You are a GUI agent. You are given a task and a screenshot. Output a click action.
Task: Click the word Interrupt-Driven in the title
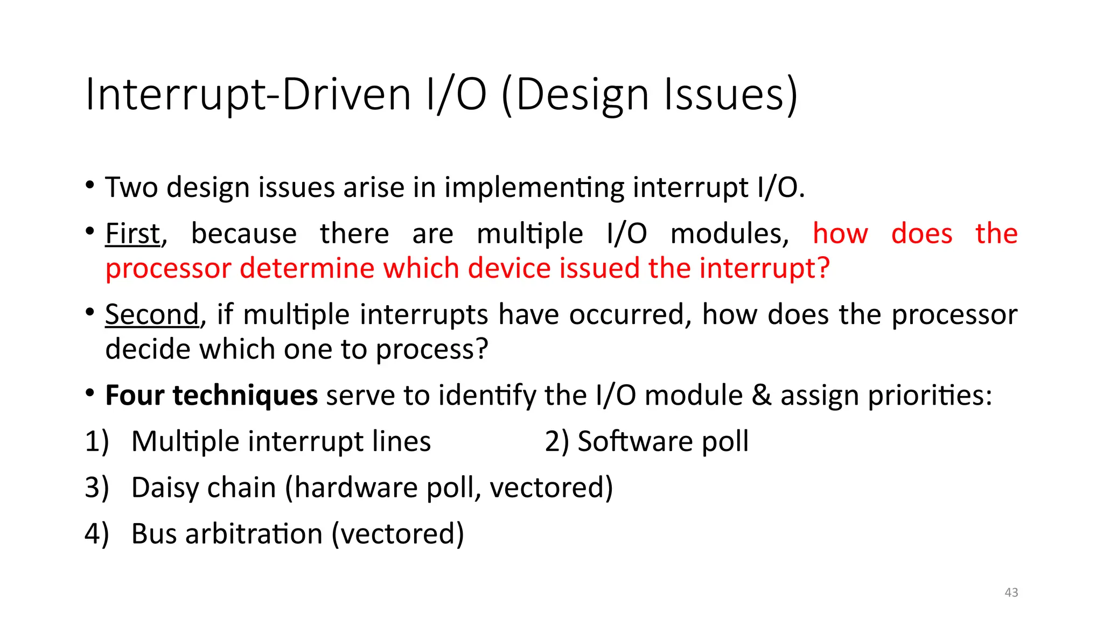(x=248, y=95)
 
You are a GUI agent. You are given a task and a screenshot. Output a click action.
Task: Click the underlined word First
(x=132, y=234)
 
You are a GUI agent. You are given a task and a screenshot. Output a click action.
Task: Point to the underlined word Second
(x=152, y=315)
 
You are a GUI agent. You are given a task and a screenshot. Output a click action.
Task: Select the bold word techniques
(x=245, y=396)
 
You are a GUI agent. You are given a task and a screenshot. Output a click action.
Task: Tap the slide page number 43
(x=1011, y=593)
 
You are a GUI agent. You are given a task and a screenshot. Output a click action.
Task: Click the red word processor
(x=168, y=269)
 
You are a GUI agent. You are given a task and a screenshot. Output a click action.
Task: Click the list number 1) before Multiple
(x=97, y=442)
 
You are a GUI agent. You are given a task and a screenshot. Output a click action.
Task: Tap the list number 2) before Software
(x=556, y=442)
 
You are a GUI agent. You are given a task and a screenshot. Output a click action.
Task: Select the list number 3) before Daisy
(x=97, y=488)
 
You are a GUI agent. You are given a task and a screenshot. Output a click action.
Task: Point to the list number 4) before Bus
(x=97, y=534)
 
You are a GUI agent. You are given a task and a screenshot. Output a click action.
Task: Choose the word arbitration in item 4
(x=254, y=534)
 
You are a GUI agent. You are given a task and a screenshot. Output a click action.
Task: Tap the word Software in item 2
(x=635, y=442)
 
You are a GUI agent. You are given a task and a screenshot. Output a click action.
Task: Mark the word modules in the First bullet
(x=729, y=234)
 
